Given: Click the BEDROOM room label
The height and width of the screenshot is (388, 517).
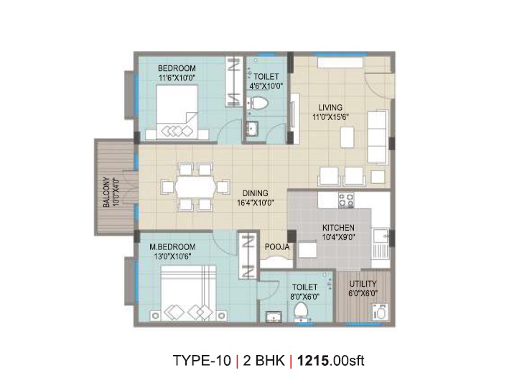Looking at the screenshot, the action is pyautogui.click(x=177, y=68).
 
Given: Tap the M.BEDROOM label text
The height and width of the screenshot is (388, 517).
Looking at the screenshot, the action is pyautogui.click(x=172, y=246).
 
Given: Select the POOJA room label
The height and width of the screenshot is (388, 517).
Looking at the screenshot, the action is pyautogui.click(x=277, y=246).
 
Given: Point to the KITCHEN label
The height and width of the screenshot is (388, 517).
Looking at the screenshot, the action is pyautogui.click(x=338, y=228).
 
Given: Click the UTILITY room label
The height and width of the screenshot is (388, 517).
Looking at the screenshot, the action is pyautogui.click(x=363, y=284).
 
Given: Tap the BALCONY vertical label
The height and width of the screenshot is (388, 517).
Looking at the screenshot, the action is pyautogui.click(x=106, y=193).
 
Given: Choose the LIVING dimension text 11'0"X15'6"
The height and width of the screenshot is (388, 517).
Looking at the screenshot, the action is pyautogui.click(x=331, y=117).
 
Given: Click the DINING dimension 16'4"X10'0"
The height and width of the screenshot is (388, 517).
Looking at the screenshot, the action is pyautogui.click(x=256, y=203).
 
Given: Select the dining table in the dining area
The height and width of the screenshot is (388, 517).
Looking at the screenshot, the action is pyautogui.click(x=195, y=187).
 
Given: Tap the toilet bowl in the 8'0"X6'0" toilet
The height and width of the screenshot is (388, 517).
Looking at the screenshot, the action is pyautogui.click(x=301, y=311).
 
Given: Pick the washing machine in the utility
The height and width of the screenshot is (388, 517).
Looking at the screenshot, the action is pyautogui.click(x=380, y=312).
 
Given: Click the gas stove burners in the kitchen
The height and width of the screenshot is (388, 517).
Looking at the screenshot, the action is pyautogui.click(x=346, y=200).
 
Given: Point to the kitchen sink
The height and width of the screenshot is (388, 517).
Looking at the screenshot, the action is pyautogui.click(x=381, y=236).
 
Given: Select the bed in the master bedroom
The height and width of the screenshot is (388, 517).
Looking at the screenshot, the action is pyautogui.click(x=189, y=292).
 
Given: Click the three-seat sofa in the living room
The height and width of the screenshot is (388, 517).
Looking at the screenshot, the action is pyautogui.click(x=377, y=137).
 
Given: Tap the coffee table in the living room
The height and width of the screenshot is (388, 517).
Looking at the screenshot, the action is pyautogui.click(x=348, y=137).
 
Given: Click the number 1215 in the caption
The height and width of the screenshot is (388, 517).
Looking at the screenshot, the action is pyautogui.click(x=313, y=361).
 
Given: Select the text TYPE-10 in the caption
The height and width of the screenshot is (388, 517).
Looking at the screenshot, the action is pyautogui.click(x=202, y=361).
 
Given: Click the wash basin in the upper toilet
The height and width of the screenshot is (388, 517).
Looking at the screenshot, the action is pyautogui.click(x=252, y=129).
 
